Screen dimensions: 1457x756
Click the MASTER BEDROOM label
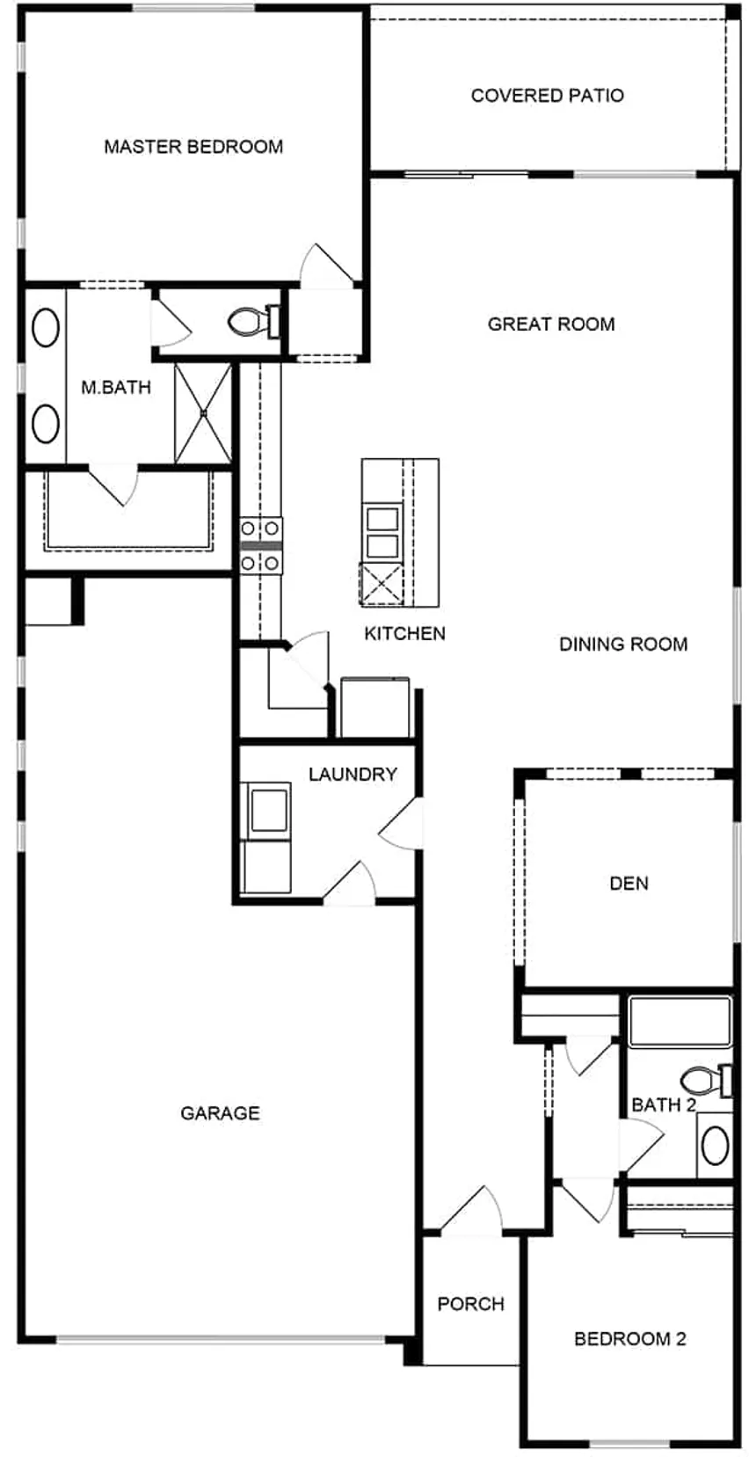[x=193, y=147]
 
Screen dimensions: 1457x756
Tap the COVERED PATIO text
[x=547, y=95]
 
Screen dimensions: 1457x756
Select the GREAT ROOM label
[x=551, y=324]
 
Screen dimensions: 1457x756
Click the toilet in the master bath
[x=252, y=321]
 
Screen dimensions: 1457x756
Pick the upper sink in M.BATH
[x=45, y=329]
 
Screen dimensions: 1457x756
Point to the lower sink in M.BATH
[x=45, y=423]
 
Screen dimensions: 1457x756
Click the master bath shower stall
[x=203, y=412]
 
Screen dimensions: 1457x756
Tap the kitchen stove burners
[x=261, y=545]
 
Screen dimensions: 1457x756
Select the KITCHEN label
[x=404, y=633]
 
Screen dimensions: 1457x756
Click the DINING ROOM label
[x=623, y=645]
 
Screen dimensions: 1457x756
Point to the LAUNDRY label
[x=353, y=775]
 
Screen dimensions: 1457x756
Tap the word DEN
[x=629, y=883]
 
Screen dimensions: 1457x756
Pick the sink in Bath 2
[x=714, y=1145]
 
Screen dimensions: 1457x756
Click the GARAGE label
[x=220, y=1113]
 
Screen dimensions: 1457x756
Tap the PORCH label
[x=470, y=1303]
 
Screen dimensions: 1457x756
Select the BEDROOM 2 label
[x=629, y=1339]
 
